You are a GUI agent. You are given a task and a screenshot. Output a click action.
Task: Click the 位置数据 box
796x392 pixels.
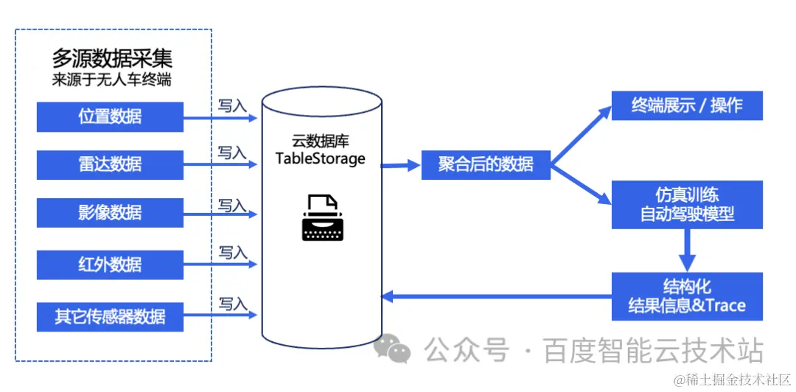pyautogui.click(x=110, y=116)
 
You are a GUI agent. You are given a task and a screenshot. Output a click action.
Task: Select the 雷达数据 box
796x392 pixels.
pyautogui.click(x=110, y=164)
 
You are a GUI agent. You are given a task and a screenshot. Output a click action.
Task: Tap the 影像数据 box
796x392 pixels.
pyautogui.click(x=110, y=213)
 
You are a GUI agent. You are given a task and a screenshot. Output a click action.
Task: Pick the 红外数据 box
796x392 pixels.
pyautogui.click(x=110, y=265)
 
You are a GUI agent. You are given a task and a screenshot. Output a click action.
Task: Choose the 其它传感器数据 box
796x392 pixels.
pyautogui.click(x=110, y=317)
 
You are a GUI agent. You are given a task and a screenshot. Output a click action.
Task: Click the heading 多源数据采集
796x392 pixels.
pyautogui.click(x=112, y=58)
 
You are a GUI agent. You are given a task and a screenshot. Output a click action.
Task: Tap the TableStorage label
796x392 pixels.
pyautogui.click(x=321, y=158)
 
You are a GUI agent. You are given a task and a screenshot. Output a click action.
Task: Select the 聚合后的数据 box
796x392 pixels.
pyautogui.click(x=486, y=164)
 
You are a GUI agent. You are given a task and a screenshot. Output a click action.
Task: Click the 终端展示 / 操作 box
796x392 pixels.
pyautogui.click(x=687, y=105)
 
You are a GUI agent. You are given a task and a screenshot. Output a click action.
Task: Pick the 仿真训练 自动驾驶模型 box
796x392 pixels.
pyautogui.click(x=687, y=205)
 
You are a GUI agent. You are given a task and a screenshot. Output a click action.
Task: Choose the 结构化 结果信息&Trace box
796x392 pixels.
pyautogui.click(x=687, y=296)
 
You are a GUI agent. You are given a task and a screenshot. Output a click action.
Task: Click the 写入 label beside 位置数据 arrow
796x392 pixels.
pyautogui.click(x=232, y=106)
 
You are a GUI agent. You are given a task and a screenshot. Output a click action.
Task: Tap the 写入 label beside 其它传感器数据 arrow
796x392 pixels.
pyautogui.click(x=232, y=304)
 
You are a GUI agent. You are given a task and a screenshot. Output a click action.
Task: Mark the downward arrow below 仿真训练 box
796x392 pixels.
pyautogui.click(x=687, y=251)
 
